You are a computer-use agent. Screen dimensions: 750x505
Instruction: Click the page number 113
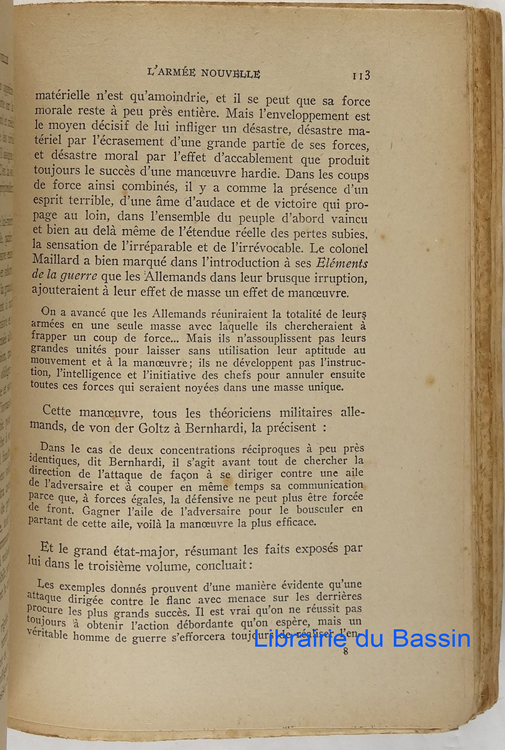click(x=361, y=76)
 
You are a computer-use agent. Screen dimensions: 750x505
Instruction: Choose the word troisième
click(x=162, y=566)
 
